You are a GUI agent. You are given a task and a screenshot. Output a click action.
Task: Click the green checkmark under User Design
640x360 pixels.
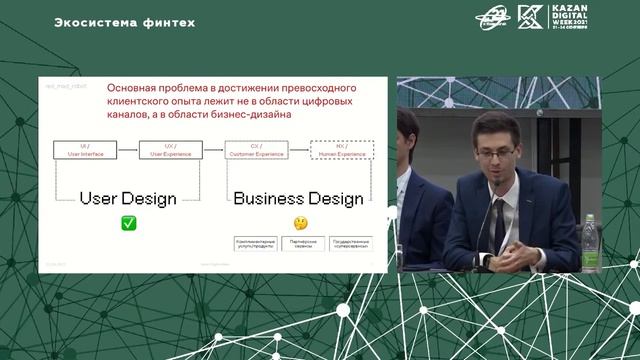pos(129,224)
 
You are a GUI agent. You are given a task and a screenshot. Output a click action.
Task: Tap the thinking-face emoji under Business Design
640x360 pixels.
pos(298,224)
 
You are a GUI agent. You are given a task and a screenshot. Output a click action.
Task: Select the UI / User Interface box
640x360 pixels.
pos(86,151)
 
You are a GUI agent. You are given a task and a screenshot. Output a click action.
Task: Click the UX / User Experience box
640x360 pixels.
pos(171,151)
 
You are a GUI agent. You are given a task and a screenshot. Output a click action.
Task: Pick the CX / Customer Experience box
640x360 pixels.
pos(256,151)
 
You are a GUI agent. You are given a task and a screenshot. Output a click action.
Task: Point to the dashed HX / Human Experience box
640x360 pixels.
pos(341,151)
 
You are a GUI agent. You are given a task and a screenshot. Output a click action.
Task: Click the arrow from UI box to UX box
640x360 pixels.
pos(129,151)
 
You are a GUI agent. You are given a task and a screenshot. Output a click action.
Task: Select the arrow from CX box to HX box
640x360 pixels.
pos(298,151)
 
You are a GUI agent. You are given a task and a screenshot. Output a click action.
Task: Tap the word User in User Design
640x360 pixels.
pos(101,198)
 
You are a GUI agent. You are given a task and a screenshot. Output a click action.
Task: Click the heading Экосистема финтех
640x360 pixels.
pos(124,22)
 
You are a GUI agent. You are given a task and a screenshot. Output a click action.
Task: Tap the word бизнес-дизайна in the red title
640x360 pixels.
pos(252,114)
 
